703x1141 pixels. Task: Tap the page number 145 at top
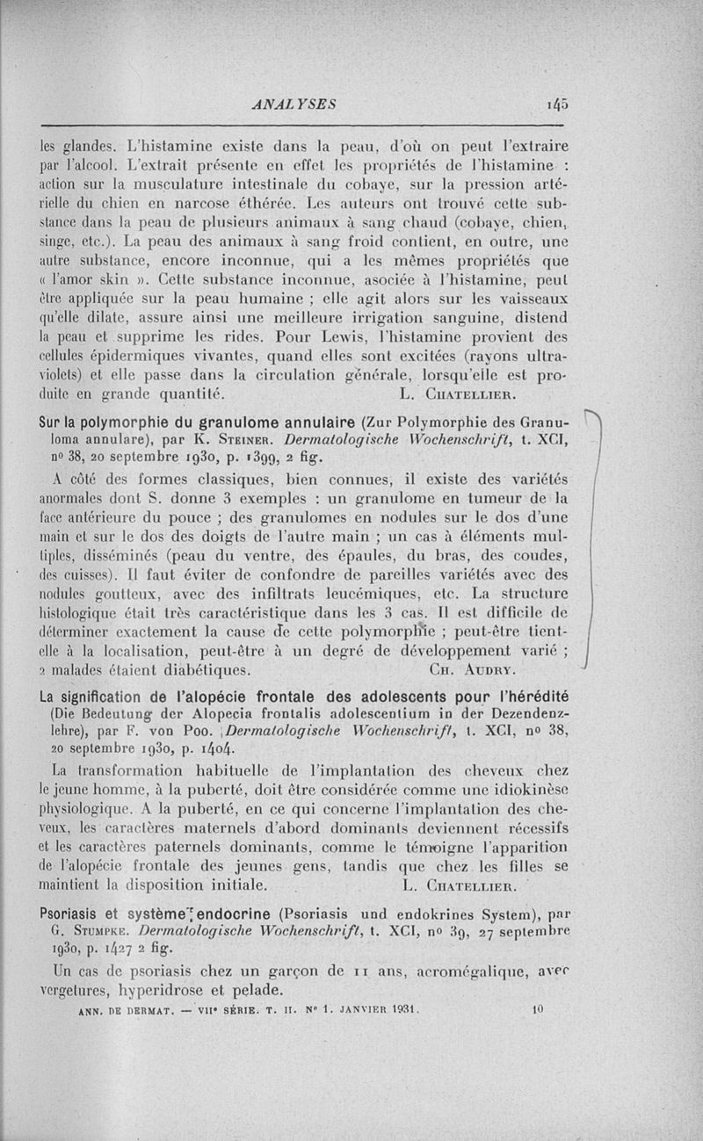[557, 104]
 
